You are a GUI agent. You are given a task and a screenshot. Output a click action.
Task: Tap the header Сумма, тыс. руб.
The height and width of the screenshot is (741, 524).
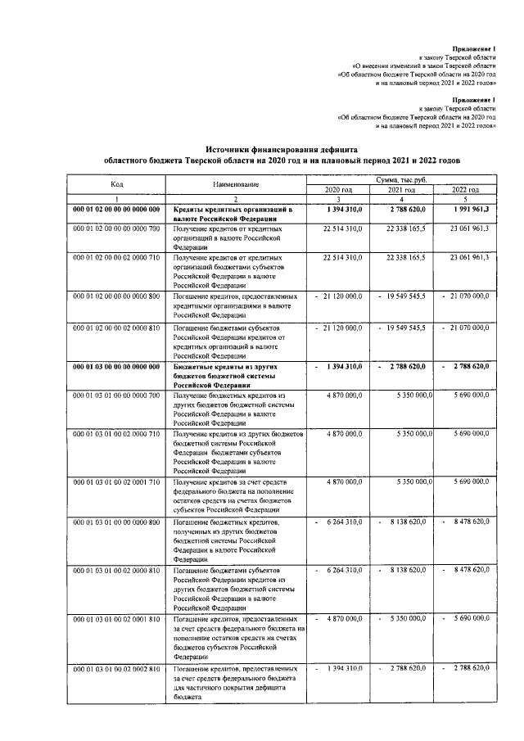point(402,178)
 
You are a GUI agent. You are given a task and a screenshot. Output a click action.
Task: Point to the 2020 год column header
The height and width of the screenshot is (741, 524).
point(337,189)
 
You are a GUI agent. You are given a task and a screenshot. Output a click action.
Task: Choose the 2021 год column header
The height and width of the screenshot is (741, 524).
point(402,189)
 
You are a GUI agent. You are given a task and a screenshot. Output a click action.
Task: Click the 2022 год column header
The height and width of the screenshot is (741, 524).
point(466,189)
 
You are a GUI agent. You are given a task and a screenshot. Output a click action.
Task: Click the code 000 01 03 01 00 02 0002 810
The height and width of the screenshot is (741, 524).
point(117,669)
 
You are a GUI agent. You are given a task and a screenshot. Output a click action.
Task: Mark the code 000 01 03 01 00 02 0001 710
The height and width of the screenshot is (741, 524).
point(117,481)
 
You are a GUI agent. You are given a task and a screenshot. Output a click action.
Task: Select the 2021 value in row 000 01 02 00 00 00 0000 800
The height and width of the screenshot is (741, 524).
point(405,295)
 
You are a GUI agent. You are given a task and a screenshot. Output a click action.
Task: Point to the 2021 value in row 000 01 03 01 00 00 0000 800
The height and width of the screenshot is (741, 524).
point(405,521)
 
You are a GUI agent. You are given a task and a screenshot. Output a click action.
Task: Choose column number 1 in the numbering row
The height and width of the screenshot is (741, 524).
point(117,199)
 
